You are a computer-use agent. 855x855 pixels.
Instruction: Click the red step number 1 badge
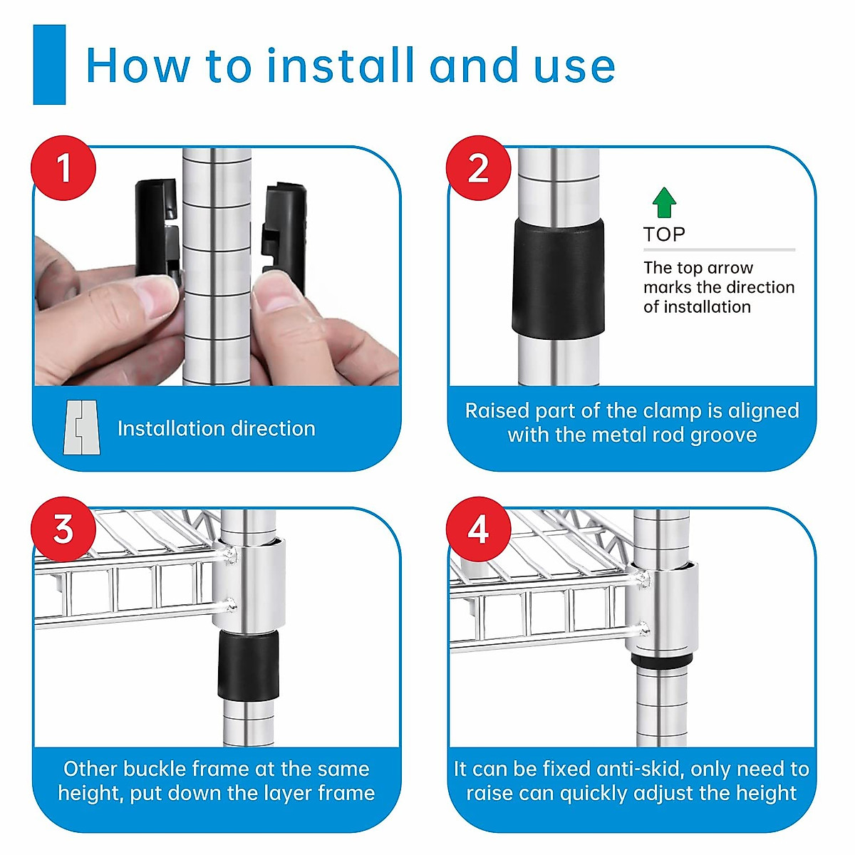click(63, 167)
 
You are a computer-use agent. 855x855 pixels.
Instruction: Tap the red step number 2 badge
click(478, 167)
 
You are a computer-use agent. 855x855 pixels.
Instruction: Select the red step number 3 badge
click(63, 529)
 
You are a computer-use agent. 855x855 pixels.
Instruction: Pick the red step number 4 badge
click(478, 529)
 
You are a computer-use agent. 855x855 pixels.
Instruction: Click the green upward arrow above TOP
click(664, 202)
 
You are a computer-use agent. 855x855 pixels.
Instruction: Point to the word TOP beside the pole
click(664, 234)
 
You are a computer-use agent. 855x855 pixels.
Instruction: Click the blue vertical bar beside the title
click(49, 65)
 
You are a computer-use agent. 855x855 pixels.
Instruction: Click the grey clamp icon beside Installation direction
click(82, 427)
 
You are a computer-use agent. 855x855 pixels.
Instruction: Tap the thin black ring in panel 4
click(661, 659)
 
